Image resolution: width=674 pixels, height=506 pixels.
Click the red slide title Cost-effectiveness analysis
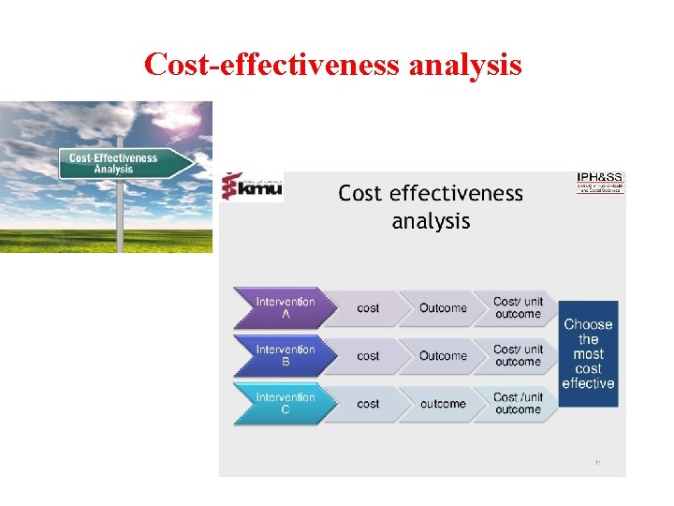(x=333, y=64)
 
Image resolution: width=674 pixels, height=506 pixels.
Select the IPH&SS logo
(x=600, y=182)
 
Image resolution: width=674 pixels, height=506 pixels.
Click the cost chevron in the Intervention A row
(x=369, y=308)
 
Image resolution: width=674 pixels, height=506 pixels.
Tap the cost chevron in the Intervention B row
(x=369, y=356)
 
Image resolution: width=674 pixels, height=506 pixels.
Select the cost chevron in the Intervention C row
(x=369, y=404)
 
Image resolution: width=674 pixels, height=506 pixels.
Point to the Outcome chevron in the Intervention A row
(x=443, y=308)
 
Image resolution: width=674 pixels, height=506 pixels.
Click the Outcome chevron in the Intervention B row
(x=443, y=356)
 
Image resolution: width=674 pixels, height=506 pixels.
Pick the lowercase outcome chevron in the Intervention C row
(x=443, y=404)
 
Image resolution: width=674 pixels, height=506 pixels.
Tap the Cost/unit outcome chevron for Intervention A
(x=518, y=307)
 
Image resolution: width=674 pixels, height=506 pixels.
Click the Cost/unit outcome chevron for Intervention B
(x=518, y=355)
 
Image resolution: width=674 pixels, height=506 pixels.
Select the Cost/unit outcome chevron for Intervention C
(x=518, y=403)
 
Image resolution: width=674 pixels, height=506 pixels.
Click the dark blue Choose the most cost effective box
(x=589, y=353)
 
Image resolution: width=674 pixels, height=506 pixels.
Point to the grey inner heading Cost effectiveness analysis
(x=431, y=207)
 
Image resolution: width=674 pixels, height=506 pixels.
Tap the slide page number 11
(x=597, y=463)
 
